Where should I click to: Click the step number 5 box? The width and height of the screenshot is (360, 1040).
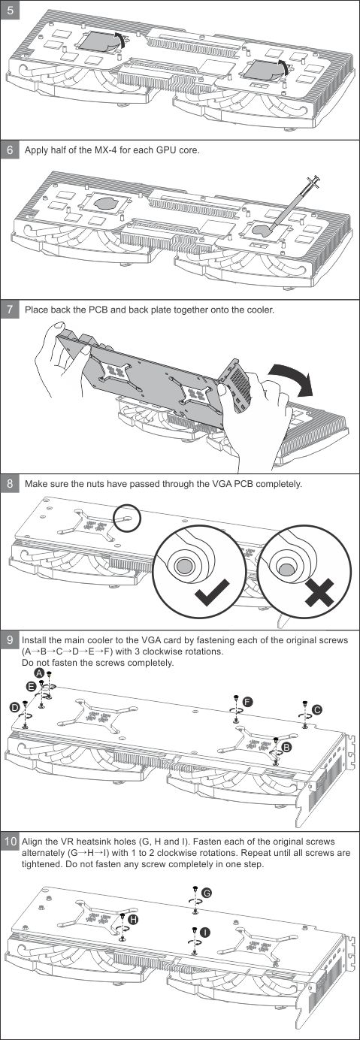click(10, 9)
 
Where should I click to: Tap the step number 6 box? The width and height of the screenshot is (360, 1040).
click(10, 150)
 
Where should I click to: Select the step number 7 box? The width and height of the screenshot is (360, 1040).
click(10, 309)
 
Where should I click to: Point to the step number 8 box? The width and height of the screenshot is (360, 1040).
click(10, 484)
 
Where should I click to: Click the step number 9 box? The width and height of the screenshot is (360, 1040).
click(10, 640)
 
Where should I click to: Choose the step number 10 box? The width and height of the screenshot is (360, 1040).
click(10, 841)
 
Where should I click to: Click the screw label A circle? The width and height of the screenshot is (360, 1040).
click(40, 673)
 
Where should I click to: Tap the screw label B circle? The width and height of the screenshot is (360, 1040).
click(286, 747)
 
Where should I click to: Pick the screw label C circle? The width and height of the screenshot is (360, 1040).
click(318, 709)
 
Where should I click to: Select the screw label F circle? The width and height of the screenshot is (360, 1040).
click(248, 702)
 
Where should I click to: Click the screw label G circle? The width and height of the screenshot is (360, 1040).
click(207, 893)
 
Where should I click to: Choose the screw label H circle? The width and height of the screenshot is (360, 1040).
click(133, 919)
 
